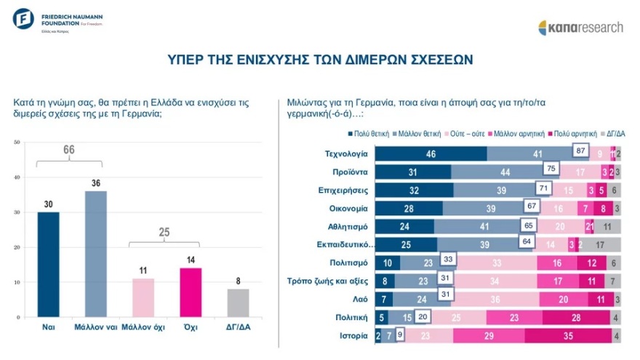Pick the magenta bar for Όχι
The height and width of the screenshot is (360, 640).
click(190, 293)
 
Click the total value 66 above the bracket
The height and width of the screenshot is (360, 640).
click(68, 150)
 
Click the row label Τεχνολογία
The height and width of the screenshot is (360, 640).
click(346, 153)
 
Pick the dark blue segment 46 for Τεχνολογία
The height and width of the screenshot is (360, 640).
click(431, 154)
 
